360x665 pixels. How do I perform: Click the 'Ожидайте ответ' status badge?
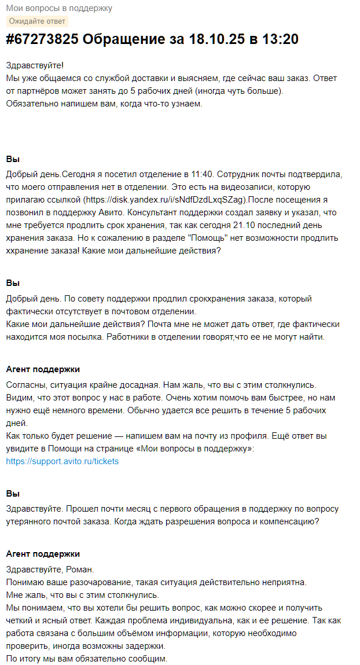coord(37,21)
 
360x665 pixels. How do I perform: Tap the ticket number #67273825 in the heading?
coord(42,39)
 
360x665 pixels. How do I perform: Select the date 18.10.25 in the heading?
coord(214,39)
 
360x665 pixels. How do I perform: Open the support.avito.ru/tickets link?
coord(63,461)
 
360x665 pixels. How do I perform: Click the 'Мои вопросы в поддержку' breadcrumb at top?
coord(59,8)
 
